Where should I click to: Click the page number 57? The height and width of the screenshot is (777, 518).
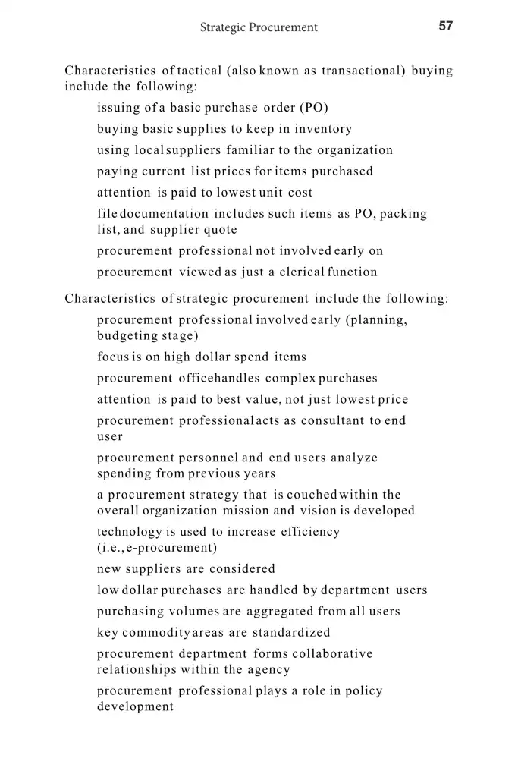coord(446,26)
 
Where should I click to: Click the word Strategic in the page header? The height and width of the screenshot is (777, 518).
coord(225,27)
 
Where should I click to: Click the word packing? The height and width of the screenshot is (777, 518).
coord(403,214)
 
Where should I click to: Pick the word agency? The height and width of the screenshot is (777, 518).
coord(268,669)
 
